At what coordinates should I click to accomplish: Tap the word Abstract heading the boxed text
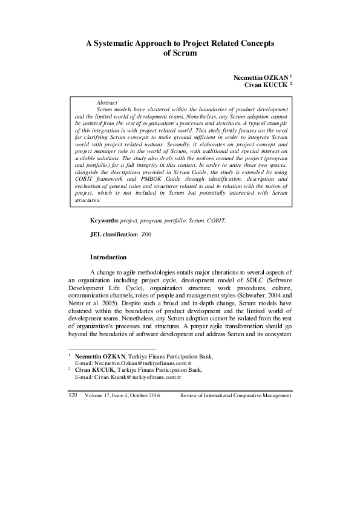pyautogui.click(x=107, y=103)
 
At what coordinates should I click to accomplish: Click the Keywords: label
pyautogui.click(x=105, y=221)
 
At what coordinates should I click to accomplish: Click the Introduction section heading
pyautogui.click(x=108, y=257)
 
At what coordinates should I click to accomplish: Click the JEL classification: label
pyautogui.click(x=113, y=233)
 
